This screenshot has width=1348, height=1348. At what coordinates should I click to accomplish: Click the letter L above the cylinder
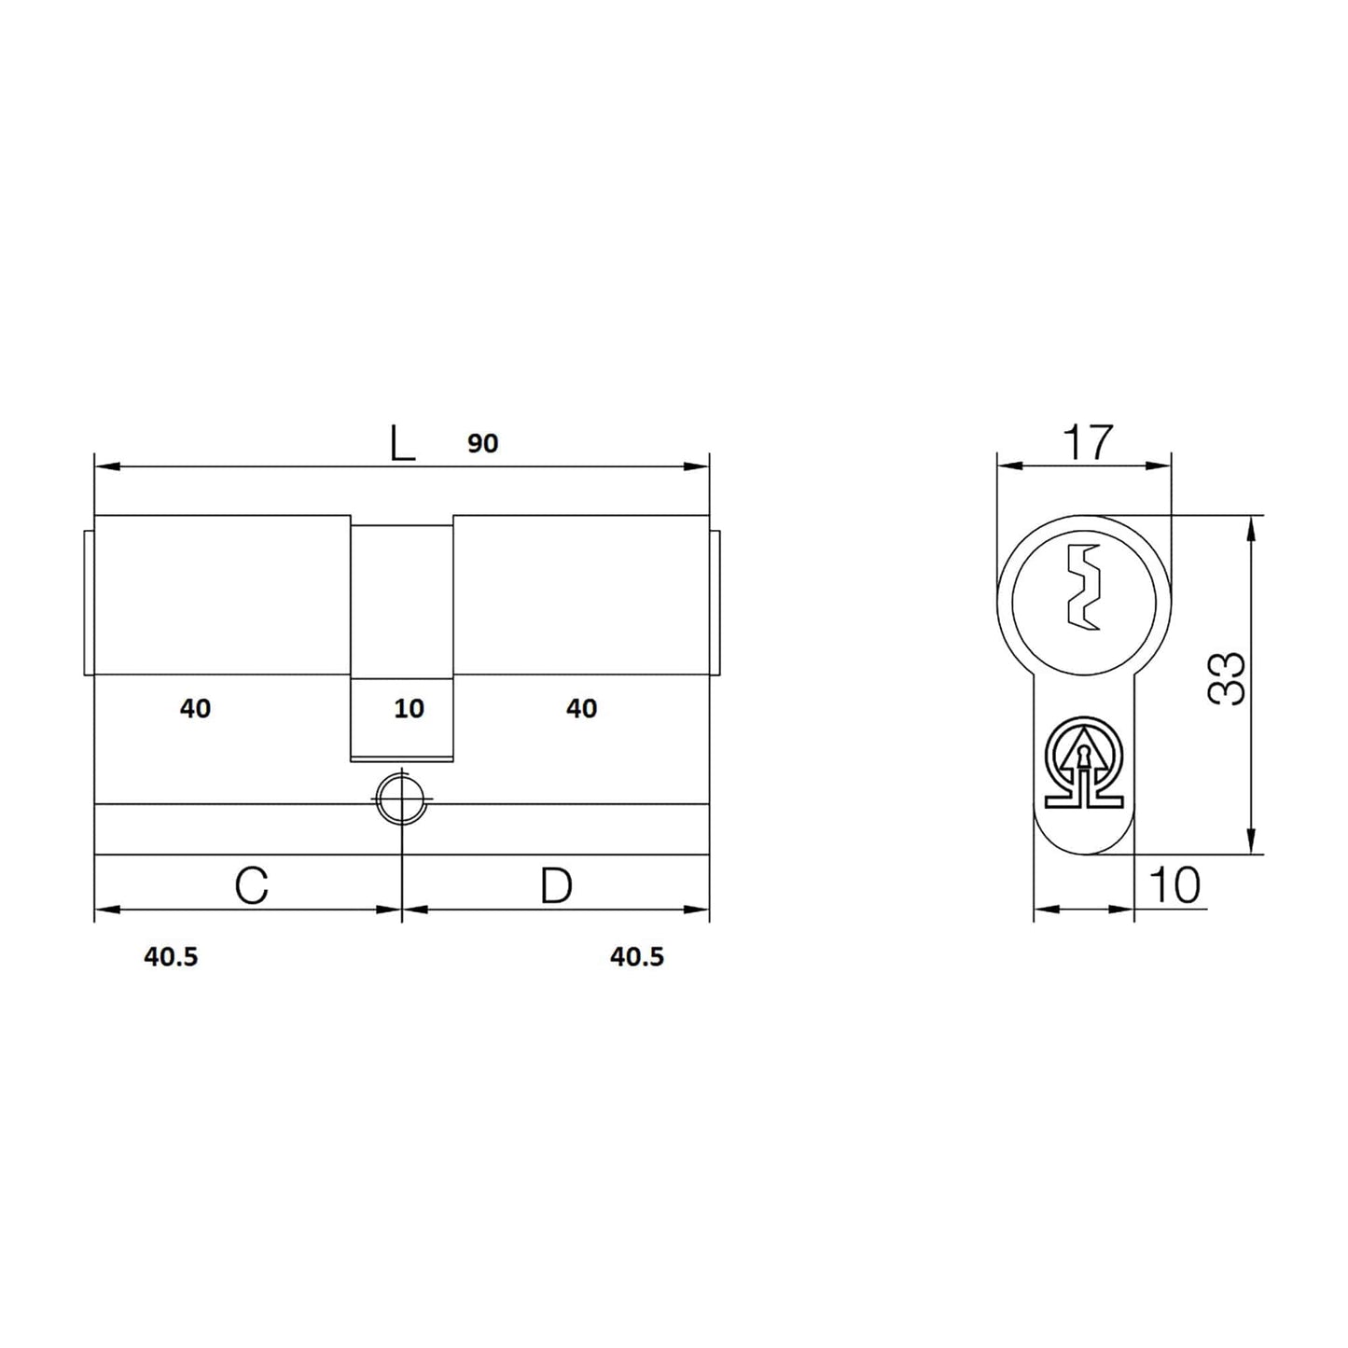click(x=402, y=443)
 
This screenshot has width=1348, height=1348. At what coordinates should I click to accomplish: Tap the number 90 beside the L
click(x=482, y=443)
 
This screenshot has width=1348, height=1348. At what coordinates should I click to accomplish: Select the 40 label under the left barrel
click(x=195, y=709)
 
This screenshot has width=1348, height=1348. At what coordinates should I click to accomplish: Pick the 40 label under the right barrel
click(x=581, y=709)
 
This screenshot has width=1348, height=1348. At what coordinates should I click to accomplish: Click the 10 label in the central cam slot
click(x=410, y=709)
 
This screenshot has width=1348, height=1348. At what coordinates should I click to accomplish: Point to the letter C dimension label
click(x=252, y=885)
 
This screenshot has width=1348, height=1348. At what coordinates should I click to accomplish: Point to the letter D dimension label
click(x=557, y=885)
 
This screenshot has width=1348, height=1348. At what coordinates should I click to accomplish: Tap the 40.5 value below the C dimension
click(x=172, y=956)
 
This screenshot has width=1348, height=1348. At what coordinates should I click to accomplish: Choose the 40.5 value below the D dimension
click(x=637, y=956)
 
